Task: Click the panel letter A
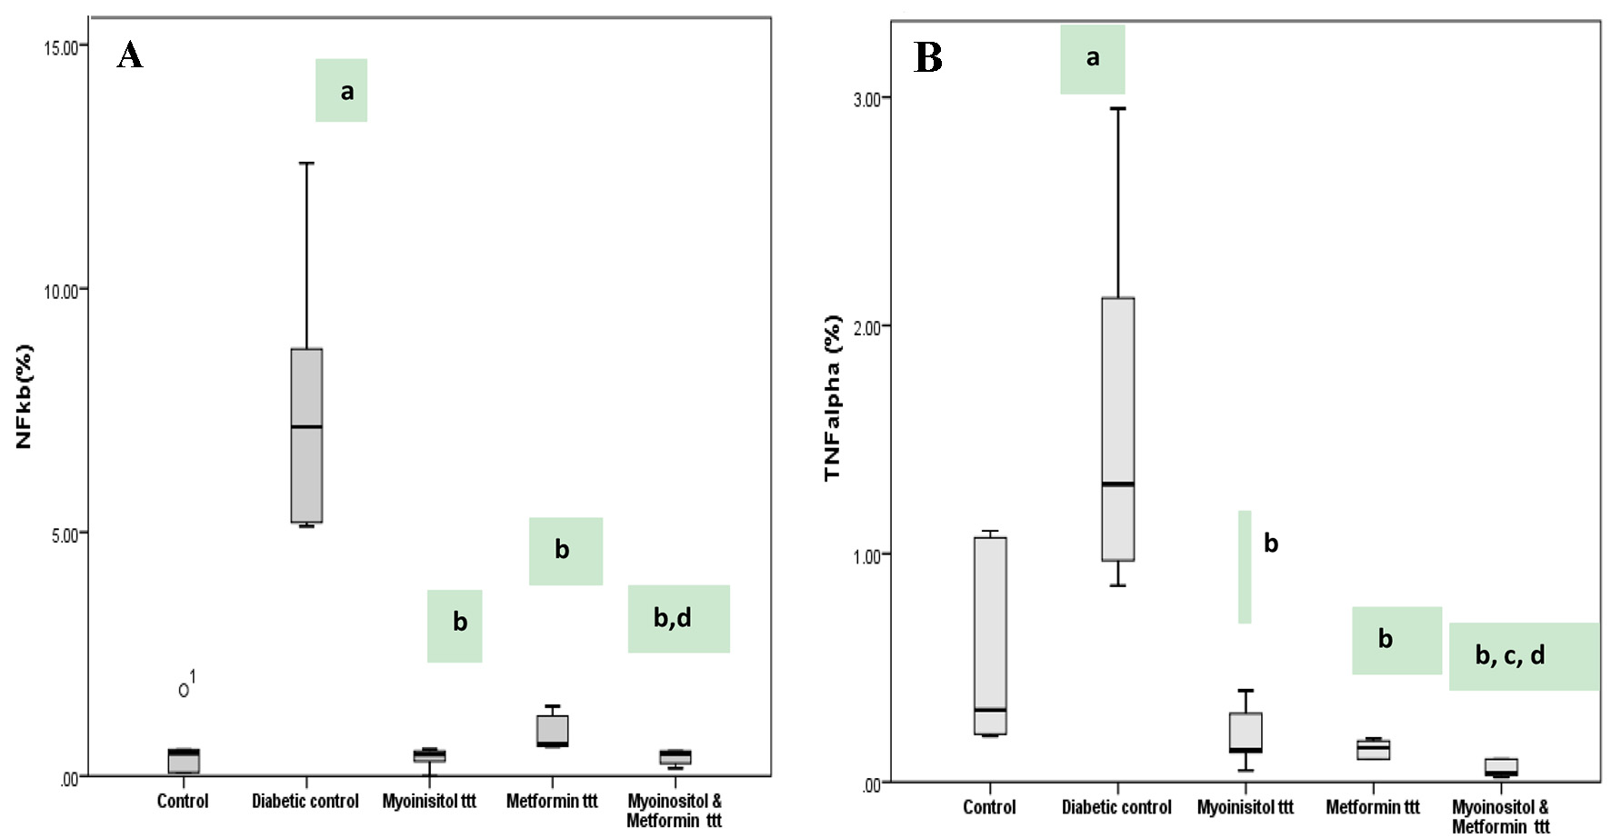[130, 55]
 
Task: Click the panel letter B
[927, 57]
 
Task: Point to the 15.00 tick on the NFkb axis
[61, 46]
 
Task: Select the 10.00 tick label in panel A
[61, 291]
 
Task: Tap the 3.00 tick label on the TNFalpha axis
[867, 99]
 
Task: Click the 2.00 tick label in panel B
[867, 327]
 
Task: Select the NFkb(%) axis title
[25, 396]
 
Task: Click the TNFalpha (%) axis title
[832, 398]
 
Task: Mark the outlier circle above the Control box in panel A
[184, 690]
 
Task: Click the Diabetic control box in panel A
[306, 435]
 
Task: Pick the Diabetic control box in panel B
[1117, 429]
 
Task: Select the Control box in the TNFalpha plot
[990, 635]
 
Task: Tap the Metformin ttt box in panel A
[552, 731]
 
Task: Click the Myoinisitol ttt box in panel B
[1246, 733]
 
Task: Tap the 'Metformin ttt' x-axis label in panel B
[1372, 807]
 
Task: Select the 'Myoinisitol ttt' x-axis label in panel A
[429, 802]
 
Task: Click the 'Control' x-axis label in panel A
[183, 802]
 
